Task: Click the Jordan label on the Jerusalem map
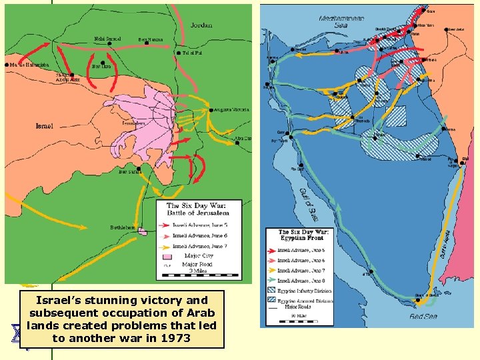click(201, 25)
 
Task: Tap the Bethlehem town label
click(123, 227)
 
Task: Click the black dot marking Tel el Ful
click(179, 53)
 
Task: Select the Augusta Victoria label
click(233, 109)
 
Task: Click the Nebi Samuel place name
click(108, 39)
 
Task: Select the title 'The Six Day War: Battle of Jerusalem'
click(201, 209)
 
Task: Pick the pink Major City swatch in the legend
click(167, 256)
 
